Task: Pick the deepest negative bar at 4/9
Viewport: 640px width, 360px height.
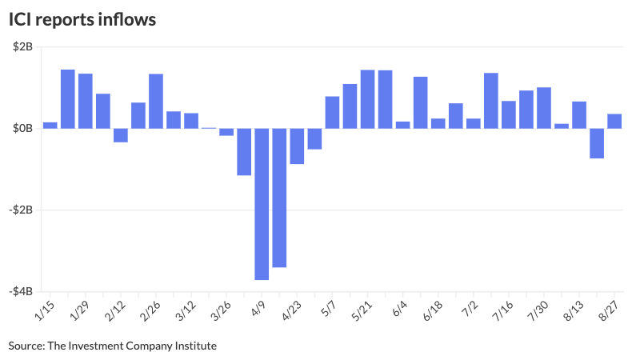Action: (262, 204)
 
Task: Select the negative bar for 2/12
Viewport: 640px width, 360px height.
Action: (121, 135)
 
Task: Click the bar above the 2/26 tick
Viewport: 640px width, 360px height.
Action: (156, 101)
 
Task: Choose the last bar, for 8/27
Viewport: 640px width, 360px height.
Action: (614, 121)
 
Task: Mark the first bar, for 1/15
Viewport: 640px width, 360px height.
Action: (50, 125)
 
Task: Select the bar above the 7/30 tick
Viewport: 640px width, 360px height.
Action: (544, 107)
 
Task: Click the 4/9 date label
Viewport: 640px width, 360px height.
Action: (258, 309)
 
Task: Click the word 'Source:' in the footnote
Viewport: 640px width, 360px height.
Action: (26, 346)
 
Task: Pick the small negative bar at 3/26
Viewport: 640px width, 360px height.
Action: (226, 132)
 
